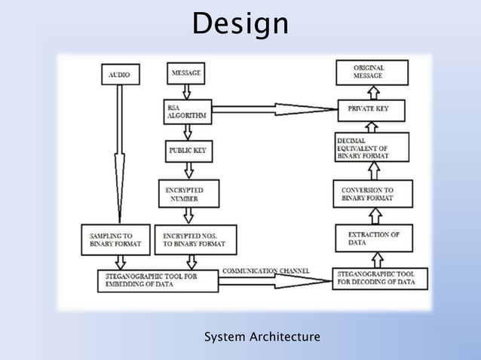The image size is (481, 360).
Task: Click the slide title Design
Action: coord(240,25)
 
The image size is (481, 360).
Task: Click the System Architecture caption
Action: coord(262,336)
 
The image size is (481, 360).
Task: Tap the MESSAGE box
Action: coord(186,74)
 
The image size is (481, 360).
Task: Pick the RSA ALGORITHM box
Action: coord(188,112)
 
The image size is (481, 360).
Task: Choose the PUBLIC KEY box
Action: coord(188,151)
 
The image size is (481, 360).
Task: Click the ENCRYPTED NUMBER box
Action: coord(189,194)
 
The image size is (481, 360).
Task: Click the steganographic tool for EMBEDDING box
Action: coord(158,281)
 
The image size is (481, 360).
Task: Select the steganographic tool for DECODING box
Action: coord(380,278)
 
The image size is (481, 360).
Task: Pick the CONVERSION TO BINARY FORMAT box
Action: coord(378,194)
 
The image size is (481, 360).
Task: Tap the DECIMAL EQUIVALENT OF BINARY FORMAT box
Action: coord(372,148)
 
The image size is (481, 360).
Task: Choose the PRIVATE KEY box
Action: coord(372,109)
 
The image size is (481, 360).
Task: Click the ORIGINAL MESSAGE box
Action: coord(372,72)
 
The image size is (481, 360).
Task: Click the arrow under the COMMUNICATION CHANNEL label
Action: coord(275,282)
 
